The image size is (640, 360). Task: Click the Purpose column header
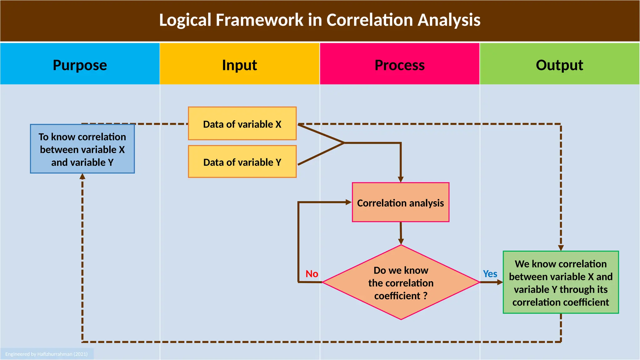pos(80,65)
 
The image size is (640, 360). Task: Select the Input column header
pos(239,65)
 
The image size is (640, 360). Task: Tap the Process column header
pos(399,65)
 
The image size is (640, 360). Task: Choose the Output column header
pos(559,65)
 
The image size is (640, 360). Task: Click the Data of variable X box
pos(242,124)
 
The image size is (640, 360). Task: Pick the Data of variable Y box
pos(242,162)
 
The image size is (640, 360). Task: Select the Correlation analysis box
pos(400,202)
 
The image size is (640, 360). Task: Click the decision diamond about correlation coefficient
pos(401,282)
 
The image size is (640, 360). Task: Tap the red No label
pos(312,274)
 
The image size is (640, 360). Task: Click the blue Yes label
pos(490,274)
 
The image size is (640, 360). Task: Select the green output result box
pos(561,282)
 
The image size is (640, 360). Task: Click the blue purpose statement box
pos(82,149)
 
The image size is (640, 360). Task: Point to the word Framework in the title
pos(259,20)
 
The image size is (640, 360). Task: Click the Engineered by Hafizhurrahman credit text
pos(46,354)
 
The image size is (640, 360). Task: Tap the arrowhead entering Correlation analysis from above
pos(401,180)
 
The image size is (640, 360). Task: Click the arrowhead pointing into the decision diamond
pos(401,242)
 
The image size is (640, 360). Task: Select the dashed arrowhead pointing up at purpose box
pos(82,177)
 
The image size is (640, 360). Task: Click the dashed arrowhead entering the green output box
pos(561,248)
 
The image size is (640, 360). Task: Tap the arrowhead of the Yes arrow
pos(500,282)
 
